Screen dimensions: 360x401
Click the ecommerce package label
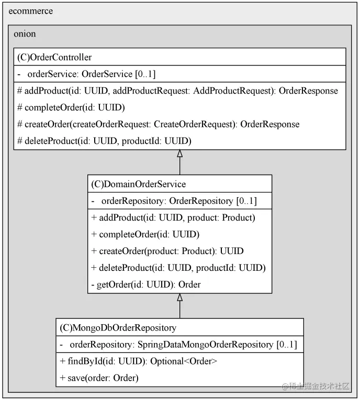pyautogui.click(x=31, y=11)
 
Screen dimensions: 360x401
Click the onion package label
pyautogui.click(x=25, y=34)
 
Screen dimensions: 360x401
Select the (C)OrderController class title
pyautogui.click(x=54, y=57)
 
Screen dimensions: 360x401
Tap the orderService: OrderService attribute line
pyautogui.click(x=86, y=74)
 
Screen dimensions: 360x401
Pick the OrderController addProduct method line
pyautogui.click(x=177, y=91)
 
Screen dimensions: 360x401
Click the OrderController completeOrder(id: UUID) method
pyautogui.click(x=71, y=107)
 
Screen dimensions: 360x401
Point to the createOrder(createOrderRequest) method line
pyautogui.click(x=158, y=124)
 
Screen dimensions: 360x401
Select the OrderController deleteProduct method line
pyautogui.click(x=104, y=141)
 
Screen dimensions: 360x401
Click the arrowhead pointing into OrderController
pyautogui.click(x=180, y=153)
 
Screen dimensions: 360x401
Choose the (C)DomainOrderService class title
pyautogui.click(x=139, y=184)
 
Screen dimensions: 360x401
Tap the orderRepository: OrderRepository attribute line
pyautogui.click(x=174, y=201)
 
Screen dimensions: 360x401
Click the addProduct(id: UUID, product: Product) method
pyautogui.click(x=173, y=217)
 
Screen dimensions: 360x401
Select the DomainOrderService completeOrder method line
pyautogui.click(x=145, y=234)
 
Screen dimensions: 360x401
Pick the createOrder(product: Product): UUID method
pyautogui.click(x=167, y=251)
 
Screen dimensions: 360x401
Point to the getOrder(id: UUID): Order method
pyautogui.click(x=146, y=284)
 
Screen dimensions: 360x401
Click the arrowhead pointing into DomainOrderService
pyautogui.click(x=180, y=297)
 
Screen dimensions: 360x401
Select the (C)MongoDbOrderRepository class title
pyautogui.click(x=118, y=328)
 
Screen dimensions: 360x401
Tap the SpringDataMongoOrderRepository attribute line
pyautogui.click(x=178, y=345)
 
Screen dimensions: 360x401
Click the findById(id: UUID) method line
pyautogui.click(x=138, y=361)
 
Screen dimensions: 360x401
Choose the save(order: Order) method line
pyautogui.click(x=99, y=378)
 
